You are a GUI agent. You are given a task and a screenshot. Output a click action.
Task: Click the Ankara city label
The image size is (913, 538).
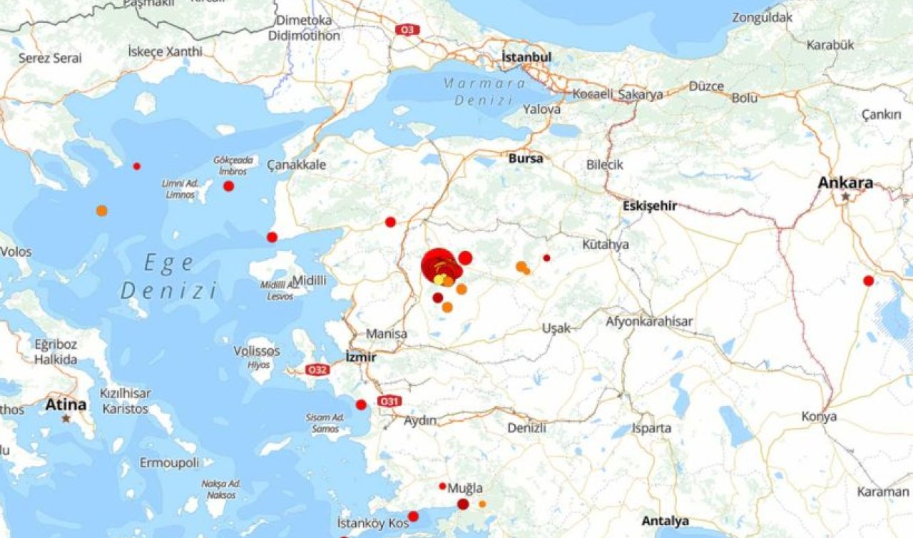click(x=845, y=183)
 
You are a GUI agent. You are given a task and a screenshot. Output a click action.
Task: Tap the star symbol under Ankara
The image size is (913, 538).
click(x=846, y=196)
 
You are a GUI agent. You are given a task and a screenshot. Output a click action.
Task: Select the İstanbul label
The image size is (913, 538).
click(x=526, y=56)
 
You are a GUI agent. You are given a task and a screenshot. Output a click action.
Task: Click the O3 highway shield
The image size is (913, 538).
click(x=407, y=30)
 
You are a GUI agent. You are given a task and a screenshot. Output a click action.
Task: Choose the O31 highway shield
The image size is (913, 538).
click(x=388, y=402)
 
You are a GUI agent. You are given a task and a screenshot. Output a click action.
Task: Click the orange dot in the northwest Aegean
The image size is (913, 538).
click(x=102, y=210)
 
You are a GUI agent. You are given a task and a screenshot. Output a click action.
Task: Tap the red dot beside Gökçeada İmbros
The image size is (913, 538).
click(x=228, y=186)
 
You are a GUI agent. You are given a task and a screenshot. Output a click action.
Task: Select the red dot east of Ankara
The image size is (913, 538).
click(x=868, y=281)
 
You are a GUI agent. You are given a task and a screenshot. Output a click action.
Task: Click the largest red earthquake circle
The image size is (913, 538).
click(x=439, y=264)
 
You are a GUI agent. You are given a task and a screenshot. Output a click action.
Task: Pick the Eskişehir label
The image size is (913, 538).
click(x=649, y=206)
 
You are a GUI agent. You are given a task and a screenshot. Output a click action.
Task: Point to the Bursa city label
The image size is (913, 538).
click(x=526, y=158)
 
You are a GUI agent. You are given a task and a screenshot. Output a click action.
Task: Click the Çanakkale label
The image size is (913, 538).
click(x=297, y=165)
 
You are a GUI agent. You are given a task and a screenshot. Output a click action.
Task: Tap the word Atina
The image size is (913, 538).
click(x=66, y=405)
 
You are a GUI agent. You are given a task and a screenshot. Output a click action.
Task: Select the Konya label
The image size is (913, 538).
click(x=819, y=417)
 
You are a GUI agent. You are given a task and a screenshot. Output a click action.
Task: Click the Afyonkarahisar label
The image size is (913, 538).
click(x=649, y=322)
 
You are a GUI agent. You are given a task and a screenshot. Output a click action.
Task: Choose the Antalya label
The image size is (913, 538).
click(x=665, y=521)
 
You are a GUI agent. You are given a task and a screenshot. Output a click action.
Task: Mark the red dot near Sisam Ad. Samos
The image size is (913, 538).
click(x=361, y=405)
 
